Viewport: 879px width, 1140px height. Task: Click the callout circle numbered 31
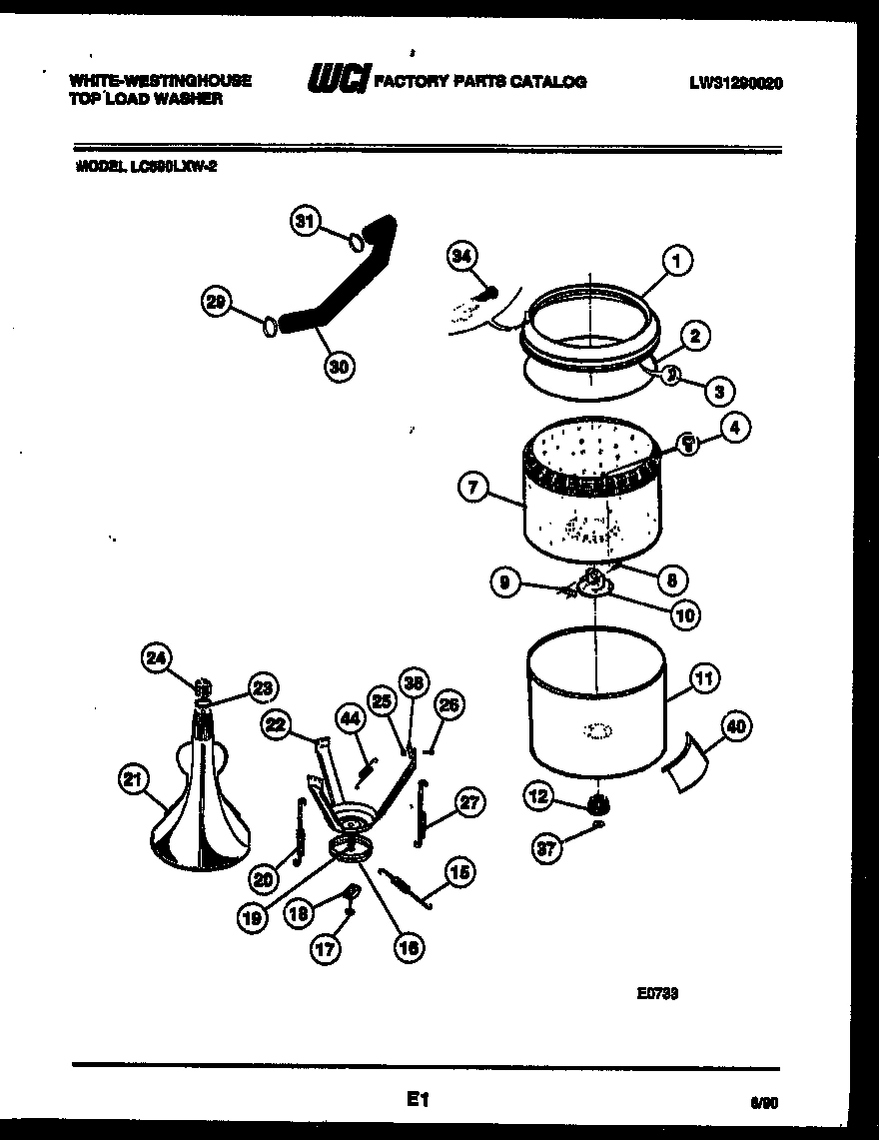308,221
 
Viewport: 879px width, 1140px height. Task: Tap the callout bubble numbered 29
217,302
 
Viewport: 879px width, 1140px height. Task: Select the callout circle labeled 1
676,262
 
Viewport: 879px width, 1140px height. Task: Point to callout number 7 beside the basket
473,488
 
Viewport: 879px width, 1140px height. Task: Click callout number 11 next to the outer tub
704,679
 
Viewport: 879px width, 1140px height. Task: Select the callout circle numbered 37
545,848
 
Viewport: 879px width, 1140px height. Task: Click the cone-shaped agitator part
205,809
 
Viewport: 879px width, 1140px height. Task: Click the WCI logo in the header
337,81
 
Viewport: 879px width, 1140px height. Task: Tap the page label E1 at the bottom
417,1100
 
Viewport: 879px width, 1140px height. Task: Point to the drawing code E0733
658,993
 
